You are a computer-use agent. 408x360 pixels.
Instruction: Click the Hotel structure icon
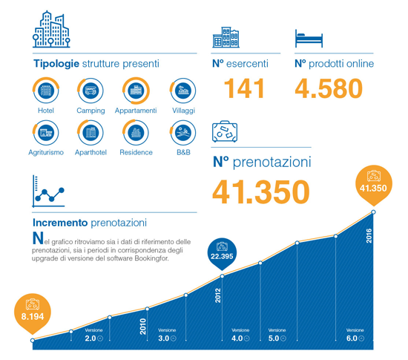(x=46, y=91)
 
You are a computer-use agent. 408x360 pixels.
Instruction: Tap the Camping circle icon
(x=91, y=91)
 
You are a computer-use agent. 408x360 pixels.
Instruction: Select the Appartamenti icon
(x=136, y=91)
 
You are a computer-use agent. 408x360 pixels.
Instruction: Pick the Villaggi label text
(x=183, y=111)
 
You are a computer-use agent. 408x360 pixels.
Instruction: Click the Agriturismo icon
(x=46, y=132)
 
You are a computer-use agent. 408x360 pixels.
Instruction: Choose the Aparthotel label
(x=91, y=152)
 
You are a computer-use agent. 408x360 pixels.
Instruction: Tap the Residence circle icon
(x=136, y=132)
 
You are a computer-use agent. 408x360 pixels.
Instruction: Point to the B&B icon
(x=183, y=132)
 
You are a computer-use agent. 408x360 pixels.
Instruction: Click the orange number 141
(x=244, y=88)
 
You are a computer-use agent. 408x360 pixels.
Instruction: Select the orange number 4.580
(x=329, y=89)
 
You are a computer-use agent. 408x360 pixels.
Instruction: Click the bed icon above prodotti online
(x=309, y=39)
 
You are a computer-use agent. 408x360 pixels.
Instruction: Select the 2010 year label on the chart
(x=143, y=326)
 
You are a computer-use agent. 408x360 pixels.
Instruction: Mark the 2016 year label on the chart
(x=369, y=236)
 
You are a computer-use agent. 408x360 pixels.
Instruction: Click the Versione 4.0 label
(x=240, y=335)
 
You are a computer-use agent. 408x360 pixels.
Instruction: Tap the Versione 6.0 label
(x=355, y=335)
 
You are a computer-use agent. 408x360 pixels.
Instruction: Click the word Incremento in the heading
(x=60, y=223)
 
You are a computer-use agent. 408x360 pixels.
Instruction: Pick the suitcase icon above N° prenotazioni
(x=225, y=131)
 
